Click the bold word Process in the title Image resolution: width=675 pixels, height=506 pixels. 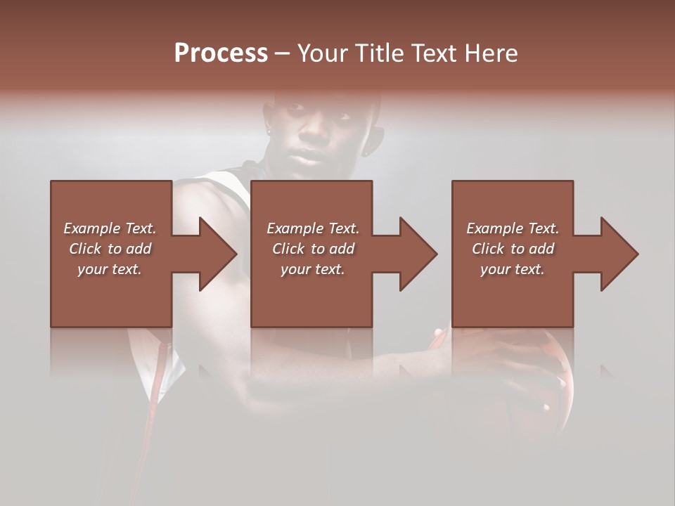tap(221, 53)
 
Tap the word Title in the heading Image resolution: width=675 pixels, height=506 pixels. tap(380, 53)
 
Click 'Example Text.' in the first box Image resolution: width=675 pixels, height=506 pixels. tap(110, 228)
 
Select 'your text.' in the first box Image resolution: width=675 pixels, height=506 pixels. tap(110, 269)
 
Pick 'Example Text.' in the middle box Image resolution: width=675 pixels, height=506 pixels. tap(313, 228)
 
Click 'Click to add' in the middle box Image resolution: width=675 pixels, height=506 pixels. tap(313, 249)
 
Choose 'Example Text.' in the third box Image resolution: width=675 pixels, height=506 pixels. tap(513, 228)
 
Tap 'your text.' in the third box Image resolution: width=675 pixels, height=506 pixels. tap(513, 269)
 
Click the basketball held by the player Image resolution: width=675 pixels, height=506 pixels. tap(541, 379)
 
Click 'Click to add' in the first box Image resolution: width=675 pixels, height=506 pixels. tap(110, 249)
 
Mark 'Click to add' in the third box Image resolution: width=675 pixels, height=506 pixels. tap(513, 249)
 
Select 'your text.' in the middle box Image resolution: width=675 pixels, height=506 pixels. tap(313, 269)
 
